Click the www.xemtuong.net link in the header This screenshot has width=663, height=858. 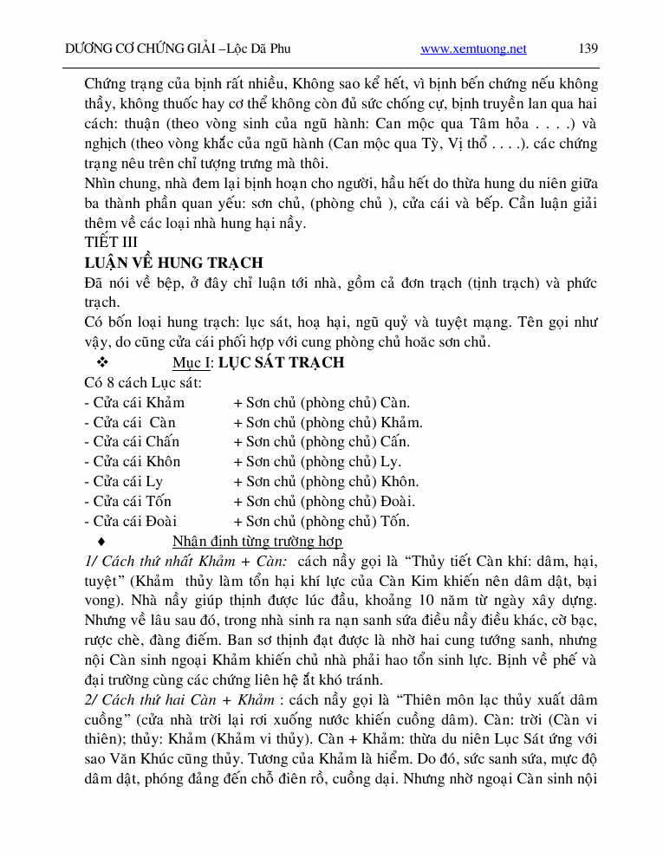[473, 49]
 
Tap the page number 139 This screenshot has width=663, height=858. [588, 49]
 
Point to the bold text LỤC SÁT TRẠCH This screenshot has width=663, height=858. [281, 362]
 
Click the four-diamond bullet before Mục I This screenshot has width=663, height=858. [101, 362]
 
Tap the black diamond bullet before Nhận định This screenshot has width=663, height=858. [101, 543]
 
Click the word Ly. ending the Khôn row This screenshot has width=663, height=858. [391, 462]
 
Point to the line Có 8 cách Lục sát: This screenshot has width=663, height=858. [143, 382]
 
